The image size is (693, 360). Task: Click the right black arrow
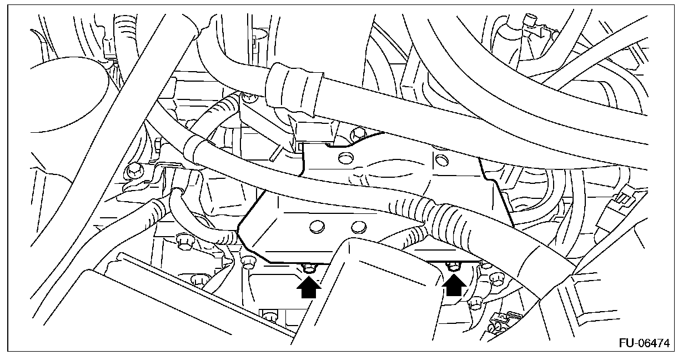[454, 286]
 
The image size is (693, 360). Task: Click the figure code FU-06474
[643, 343]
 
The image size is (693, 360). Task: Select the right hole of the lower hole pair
[358, 227]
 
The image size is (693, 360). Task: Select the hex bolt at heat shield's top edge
[358, 133]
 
